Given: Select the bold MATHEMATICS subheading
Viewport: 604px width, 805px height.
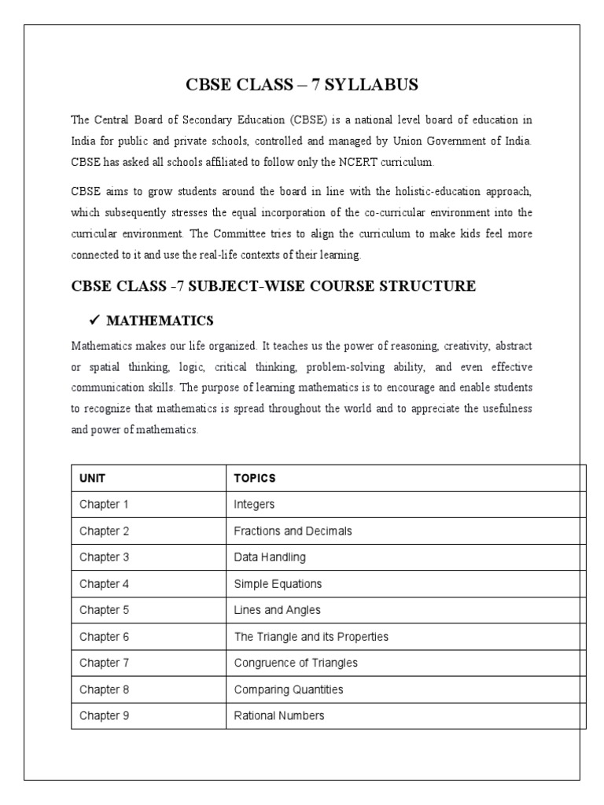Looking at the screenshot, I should tap(160, 321).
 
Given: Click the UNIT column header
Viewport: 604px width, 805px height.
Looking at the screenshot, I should tap(92, 478).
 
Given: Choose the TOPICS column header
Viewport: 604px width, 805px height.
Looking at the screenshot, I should tap(255, 478).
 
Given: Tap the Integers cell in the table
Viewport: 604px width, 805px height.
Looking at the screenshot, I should tap(254, 505).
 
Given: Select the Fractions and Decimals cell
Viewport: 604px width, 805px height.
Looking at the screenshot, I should tap(293, 531).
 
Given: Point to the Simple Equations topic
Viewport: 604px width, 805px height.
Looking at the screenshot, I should tap(278, 584).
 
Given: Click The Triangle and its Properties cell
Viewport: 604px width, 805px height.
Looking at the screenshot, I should tap(311, 637).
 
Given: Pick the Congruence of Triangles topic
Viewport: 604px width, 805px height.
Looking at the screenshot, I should tap(296, 663).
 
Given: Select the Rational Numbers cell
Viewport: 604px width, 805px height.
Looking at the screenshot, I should tap(278, 716).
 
